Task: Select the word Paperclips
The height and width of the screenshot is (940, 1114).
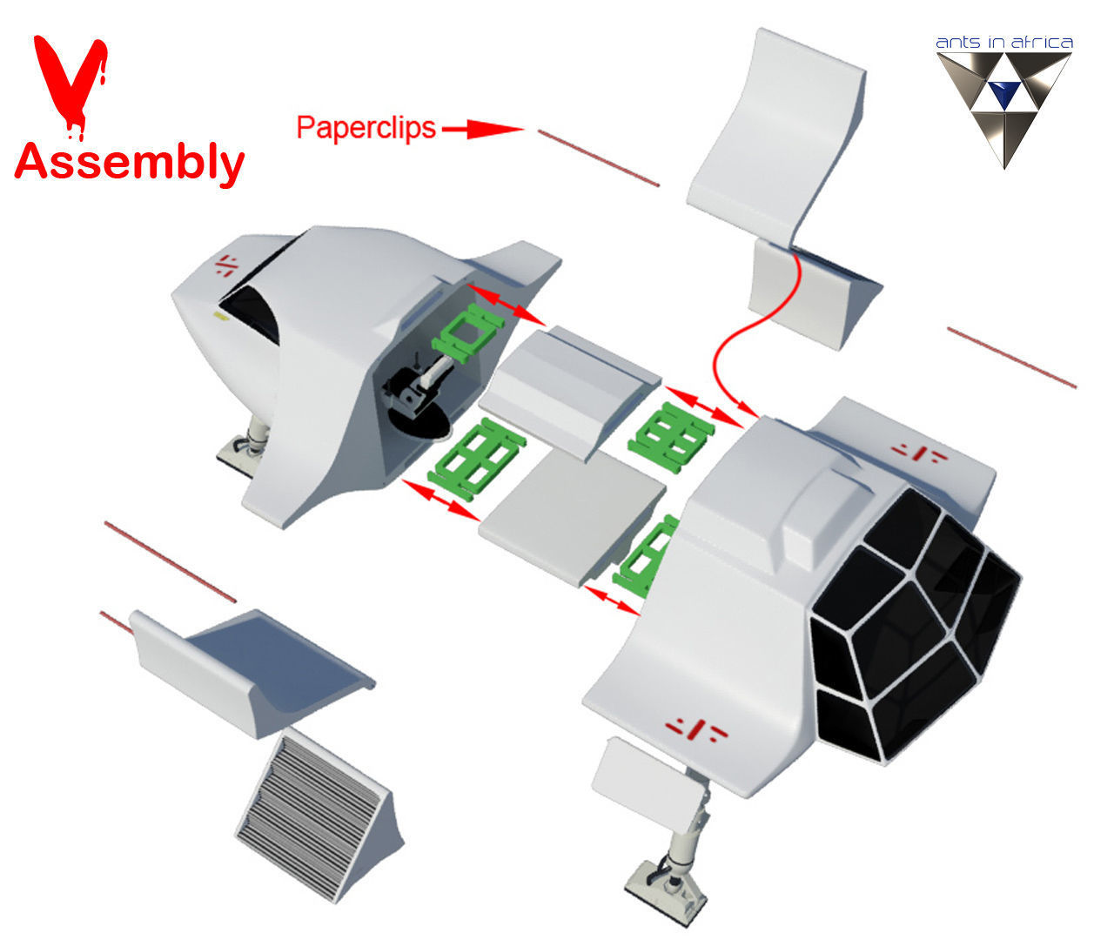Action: click(366, 128)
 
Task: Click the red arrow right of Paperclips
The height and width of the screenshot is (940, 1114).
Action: click(483, 129)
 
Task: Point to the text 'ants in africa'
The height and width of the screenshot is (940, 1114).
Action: click(1004, 43)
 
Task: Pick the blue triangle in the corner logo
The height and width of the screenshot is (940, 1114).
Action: click(1004, 94)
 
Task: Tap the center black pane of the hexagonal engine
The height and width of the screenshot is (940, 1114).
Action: click(902, 629)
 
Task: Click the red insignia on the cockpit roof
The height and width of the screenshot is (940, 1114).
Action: click(226, 265)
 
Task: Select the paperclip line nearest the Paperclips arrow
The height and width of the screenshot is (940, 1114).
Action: click(599, 158)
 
